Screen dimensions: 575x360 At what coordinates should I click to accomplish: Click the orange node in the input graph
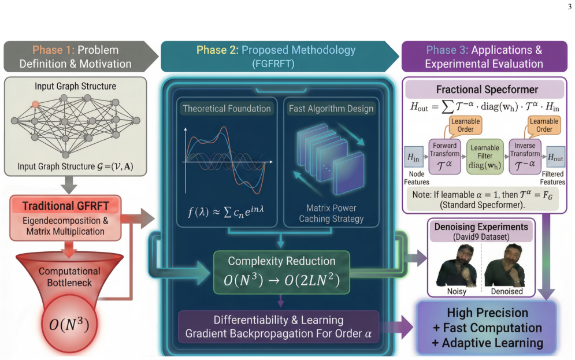point(35,105)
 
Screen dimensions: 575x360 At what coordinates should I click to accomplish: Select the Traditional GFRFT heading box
point(66,206)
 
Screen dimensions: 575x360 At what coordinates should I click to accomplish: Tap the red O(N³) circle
point(69,324)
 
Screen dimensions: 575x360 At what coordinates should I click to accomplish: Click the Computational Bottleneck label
point(69,277)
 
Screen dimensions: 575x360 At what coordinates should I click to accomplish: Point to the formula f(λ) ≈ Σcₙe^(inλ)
point(225,211)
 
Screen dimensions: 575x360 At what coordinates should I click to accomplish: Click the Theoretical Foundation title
point(227,109)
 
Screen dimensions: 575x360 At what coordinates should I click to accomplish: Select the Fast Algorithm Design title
point(331,109)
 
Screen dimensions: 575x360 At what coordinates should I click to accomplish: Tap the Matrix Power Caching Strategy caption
point(331,213)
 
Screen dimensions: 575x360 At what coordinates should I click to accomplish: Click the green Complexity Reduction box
point(281,272)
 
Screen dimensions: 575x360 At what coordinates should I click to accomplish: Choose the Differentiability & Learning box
point(279,326)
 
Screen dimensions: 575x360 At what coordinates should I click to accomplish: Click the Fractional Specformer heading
point(487,90)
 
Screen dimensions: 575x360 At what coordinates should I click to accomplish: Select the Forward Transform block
point(445,157)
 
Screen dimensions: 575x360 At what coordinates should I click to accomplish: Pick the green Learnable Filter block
point(485,157)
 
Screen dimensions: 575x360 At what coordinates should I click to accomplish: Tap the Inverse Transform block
point(525,157)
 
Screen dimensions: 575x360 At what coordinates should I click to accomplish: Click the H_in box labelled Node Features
point(413,158)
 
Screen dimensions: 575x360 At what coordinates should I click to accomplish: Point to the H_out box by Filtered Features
point(555,158)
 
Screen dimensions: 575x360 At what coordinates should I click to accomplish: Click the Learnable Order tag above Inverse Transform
point(544,125)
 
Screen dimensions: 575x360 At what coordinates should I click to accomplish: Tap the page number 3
point(569,6)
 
